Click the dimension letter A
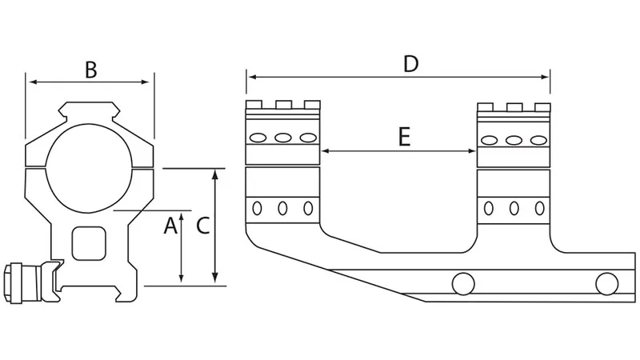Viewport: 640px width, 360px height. point(170,227)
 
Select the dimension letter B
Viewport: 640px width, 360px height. point(90,70)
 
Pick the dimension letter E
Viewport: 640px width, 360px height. point(404,138)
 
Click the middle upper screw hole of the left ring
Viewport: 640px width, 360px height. point(282,138)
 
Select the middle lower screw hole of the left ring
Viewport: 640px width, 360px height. point(282,209)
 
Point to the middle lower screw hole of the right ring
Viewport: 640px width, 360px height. point(514,209)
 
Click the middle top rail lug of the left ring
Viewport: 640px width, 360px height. point(282,105)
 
